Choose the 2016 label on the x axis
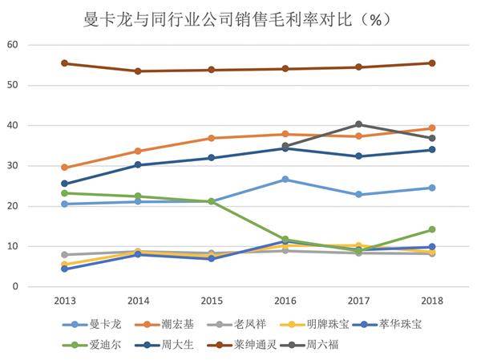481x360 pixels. coord(285,302)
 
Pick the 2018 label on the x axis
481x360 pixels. coord(431,302)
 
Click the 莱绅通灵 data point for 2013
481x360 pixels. coord(64,63)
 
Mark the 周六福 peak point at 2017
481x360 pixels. coord(358,124)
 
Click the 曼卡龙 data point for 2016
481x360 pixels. coord(285,180)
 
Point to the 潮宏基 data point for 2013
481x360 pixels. coord(64,168)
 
